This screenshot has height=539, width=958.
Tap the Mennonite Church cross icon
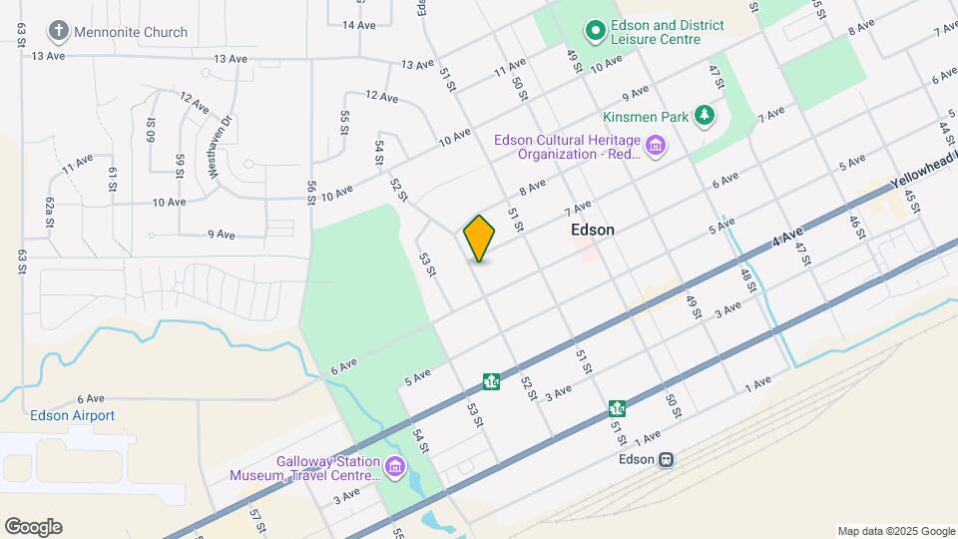59,32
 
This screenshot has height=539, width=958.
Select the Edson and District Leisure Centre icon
596,32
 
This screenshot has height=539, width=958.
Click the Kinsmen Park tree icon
706,116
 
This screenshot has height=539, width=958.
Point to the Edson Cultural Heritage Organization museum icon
656,149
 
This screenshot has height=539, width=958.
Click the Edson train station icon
667,460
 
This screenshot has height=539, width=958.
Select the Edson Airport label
72,415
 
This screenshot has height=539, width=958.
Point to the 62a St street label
48,214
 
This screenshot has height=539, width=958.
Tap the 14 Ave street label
359,24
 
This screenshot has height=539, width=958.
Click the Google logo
33,527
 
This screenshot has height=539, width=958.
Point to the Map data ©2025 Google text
896,531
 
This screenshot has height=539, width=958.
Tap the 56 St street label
311,192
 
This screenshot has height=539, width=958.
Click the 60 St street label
151,130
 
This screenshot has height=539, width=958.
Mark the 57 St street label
257,519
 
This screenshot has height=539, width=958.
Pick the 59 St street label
181,165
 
